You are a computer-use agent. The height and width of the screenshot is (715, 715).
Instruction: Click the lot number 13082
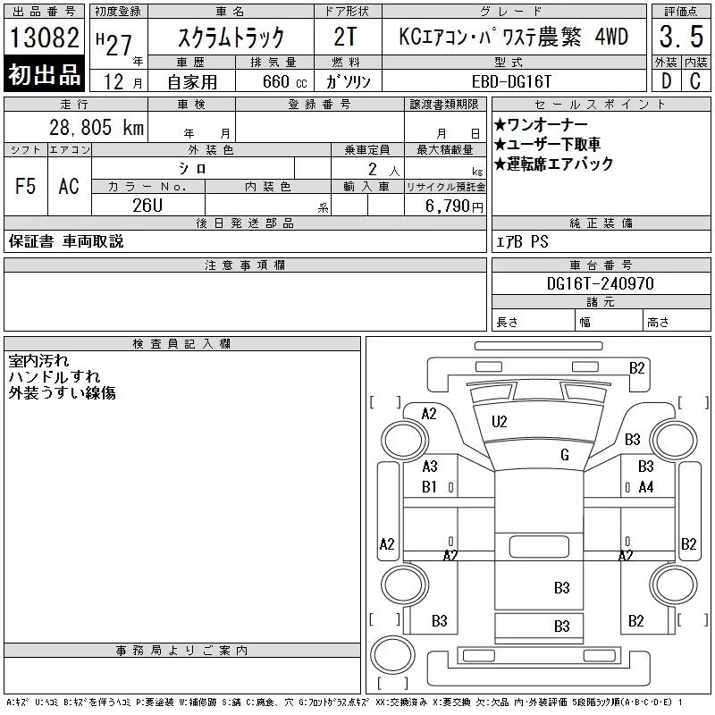coord(44,38)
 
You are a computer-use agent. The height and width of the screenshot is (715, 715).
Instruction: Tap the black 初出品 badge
coord(44,75)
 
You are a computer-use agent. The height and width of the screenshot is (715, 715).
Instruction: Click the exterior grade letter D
coord(665,80)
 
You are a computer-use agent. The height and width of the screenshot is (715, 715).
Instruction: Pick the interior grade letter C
coord(695,80)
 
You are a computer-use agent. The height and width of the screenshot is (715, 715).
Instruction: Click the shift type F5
coord(25,186)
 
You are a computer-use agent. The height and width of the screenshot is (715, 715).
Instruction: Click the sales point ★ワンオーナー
coord(540,124)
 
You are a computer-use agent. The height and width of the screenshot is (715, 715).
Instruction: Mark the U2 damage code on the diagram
coord(500,421)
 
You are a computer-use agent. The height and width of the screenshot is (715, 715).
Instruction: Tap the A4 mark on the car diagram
coord(646,487)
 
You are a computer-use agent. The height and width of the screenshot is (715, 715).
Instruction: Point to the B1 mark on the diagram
coord(429,487)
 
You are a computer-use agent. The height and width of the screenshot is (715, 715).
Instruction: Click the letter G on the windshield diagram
coord(564,455)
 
